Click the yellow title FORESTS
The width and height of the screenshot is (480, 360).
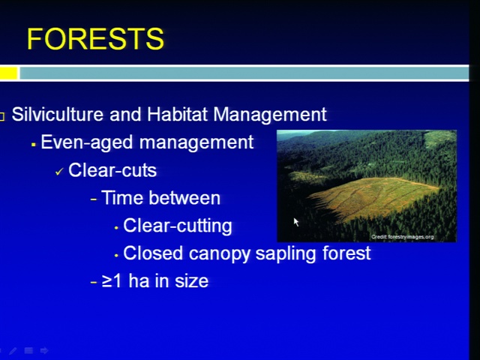point(95,39)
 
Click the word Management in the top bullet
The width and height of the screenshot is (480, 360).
point(270,115)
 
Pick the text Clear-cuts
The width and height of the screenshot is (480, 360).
point(112,170)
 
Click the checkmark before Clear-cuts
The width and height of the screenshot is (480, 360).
point(59,172)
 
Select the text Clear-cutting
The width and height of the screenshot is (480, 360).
point(178,226)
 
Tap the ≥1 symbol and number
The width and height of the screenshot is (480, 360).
point(112,281)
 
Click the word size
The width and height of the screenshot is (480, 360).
point(191,281)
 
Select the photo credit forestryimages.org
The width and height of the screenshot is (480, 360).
point(402,237)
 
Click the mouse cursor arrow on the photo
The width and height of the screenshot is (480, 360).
point(295,222)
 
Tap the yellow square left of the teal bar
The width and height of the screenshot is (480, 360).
point(8,73)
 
